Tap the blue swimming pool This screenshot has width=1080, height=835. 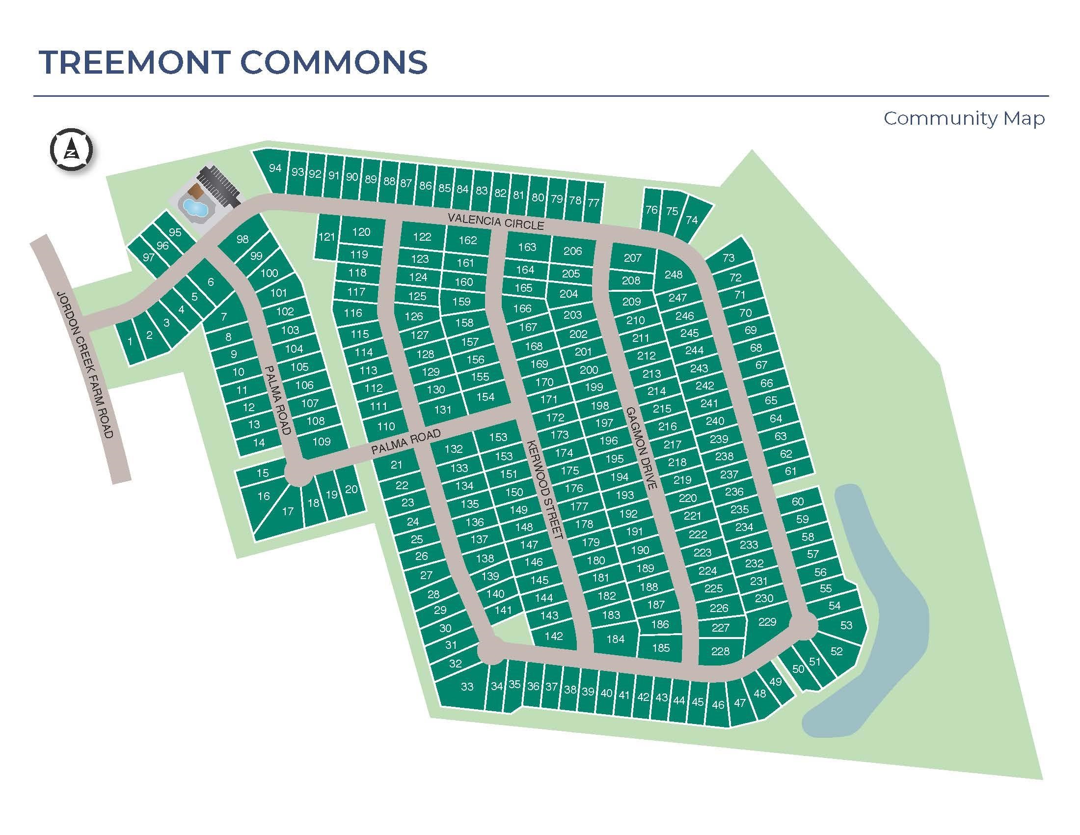(x=195, y=207)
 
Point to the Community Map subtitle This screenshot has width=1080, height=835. (x=964, y=119)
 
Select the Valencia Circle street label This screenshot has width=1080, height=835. (x=496, y=221)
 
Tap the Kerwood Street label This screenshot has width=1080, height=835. (x=545, y=489)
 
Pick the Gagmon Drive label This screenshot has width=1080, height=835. (x=641, y=448)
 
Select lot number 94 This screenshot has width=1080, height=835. (x=275, y=168)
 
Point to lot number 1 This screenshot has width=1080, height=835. (x=130, y=341)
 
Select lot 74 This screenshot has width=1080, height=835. (x=692, y=220)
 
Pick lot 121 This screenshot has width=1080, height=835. (x=326, y=236)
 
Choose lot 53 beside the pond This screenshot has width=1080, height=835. (x=846, y=626)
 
